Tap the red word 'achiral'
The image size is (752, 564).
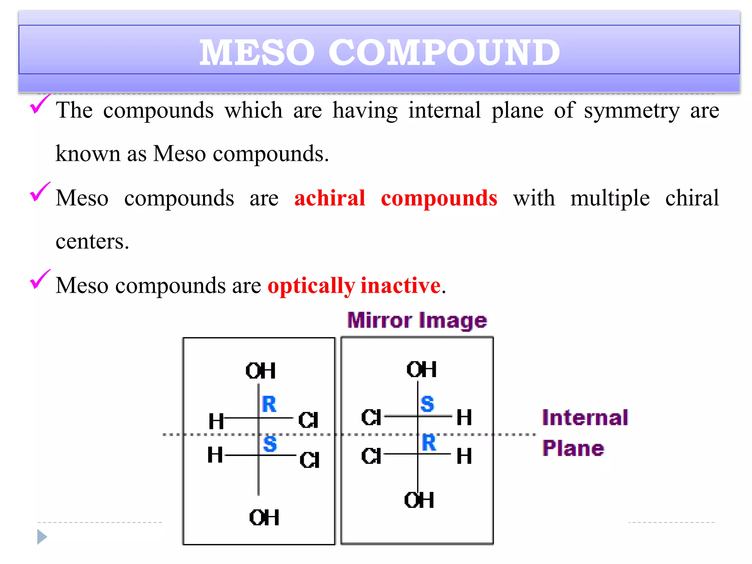[x=329, y=199]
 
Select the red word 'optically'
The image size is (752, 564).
[x=311, y=286]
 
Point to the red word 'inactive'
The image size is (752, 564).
[x=401, y=286]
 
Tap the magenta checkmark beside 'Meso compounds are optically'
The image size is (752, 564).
[x=39, y=280]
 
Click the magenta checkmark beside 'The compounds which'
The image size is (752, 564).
[x=39, y=104]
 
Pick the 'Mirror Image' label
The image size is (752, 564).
[x=417, y=321]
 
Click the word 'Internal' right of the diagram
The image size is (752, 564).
[x=585, y=418]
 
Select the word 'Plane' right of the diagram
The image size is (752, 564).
[x=573, y=448]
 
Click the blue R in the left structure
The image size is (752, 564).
[x=269, y=404]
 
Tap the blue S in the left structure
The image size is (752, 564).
[x=270, y=444]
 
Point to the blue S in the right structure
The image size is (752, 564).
[x=427, y=404]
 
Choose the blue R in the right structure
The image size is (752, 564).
[x=429, y=442]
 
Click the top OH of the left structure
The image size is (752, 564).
[x=260, y=371]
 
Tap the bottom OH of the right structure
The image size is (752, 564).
[x=419, y=500]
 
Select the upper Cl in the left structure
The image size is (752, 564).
[x=308, y=420]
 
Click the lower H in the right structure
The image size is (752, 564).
[x=464, y=456]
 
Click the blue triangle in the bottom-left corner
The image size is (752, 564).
[x=42, y=537]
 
